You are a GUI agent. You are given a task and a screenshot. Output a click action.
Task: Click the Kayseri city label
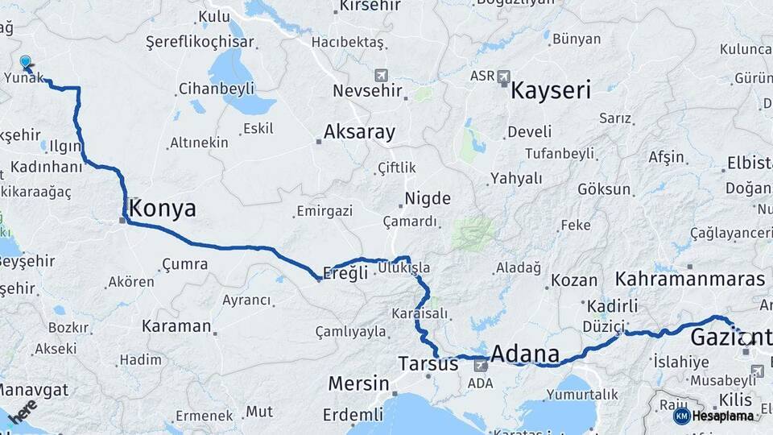tap(551, 89)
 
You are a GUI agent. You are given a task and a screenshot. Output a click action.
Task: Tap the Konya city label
tap(162, 209)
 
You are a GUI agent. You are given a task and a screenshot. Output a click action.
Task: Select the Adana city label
tap(524, 354)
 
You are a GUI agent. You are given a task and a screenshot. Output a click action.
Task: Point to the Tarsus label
tap(428, 364)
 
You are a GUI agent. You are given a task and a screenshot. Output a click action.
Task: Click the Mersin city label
tap(358, 383)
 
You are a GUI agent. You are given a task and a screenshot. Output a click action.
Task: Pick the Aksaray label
tap(359, 132)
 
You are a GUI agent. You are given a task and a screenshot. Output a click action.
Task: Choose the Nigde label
tap(427, 198)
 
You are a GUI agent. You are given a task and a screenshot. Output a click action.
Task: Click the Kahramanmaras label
tap(689, 279)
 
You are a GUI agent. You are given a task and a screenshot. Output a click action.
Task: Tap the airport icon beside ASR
tap(504, 77)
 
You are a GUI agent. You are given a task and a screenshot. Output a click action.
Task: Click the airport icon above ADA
tap(481, 365)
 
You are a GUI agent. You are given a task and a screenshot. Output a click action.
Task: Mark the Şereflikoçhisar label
tap(200, 42)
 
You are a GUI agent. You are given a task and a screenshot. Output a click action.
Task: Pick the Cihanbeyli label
tap(216, 88)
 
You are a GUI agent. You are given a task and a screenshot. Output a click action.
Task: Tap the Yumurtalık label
tap(582, 394)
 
